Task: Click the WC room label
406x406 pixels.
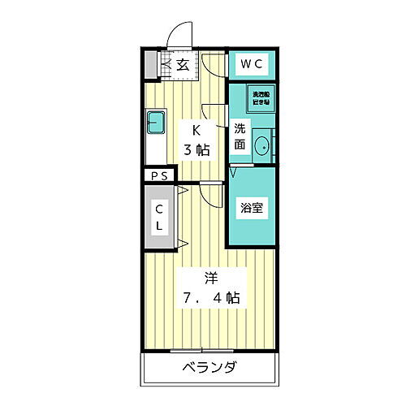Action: (x=252, y=63)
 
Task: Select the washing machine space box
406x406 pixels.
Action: (x=261, y=98)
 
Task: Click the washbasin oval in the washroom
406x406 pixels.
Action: (x=262, y=147)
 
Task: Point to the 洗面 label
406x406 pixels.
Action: (x=240, y=136)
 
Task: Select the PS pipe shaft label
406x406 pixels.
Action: (x=158, y=175)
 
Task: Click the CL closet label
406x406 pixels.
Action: (x=159, y=217)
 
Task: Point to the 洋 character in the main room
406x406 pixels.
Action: (x=209, y=277)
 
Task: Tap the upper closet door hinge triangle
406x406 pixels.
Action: (x=183, y=191)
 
